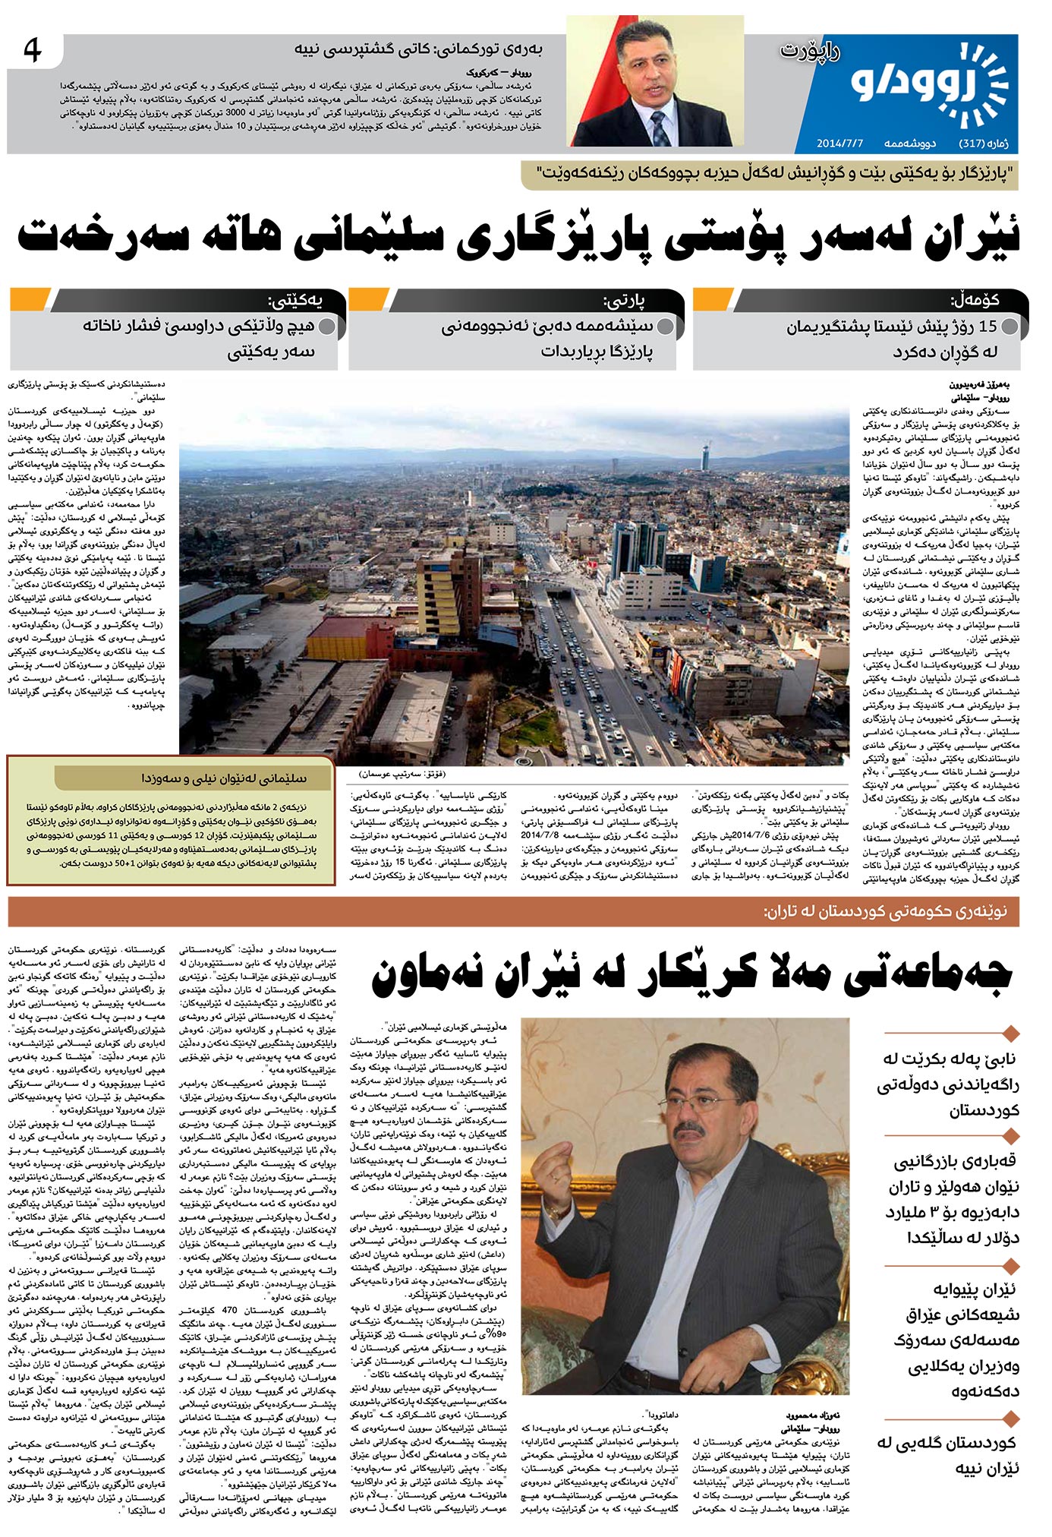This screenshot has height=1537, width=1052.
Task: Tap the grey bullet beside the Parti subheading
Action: coord(665,327)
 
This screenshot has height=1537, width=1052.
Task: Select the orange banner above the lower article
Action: coord(513,911)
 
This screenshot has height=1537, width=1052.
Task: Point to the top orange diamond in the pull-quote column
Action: coord(1009,1033)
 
